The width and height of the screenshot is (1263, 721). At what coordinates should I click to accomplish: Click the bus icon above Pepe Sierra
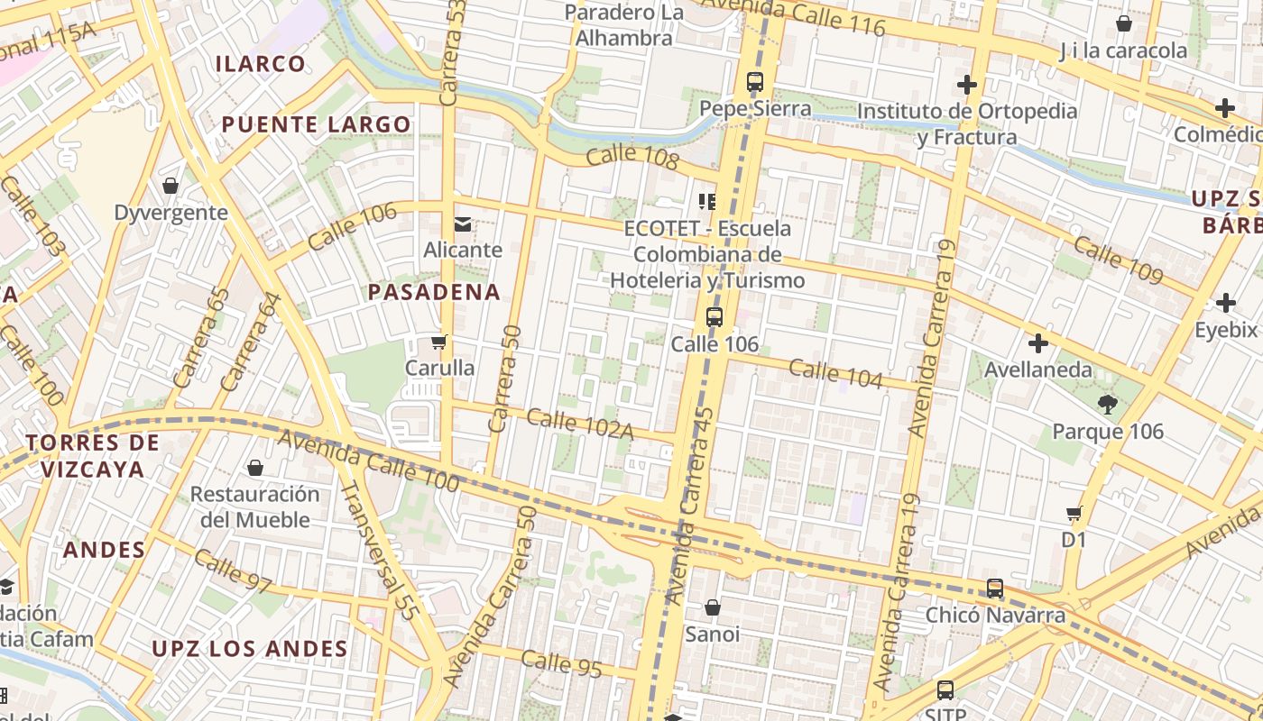click(x=755, y=82)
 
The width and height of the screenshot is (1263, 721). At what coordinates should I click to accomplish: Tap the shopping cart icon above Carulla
click(x=439, y=342)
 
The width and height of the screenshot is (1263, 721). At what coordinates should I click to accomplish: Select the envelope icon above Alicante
click(x=463, y=224)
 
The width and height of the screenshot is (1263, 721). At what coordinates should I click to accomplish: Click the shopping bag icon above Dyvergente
click(x=171, y=186)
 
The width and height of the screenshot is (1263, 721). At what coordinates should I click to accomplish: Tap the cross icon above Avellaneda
click(x=1038, y=343)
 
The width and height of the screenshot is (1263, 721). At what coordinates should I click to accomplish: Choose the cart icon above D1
click(x=1074, y=514)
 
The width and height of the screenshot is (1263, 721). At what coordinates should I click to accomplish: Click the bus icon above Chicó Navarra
click(x=995, y=589)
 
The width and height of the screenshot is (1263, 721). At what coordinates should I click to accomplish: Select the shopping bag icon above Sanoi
click(x=713, y=607)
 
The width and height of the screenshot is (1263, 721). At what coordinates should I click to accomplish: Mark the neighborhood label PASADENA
click(x=434, y=292)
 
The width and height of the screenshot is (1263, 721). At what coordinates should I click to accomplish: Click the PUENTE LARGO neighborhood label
click(x=316, y=124)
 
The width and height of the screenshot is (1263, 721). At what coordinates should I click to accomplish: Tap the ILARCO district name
click(x=261, y=63)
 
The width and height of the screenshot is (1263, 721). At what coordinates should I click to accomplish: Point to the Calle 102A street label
click(x=580, y=424)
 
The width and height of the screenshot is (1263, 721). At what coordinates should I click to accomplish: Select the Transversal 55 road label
click(x=379, y=550)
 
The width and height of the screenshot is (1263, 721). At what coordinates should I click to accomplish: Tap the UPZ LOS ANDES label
click(x=250, y=649)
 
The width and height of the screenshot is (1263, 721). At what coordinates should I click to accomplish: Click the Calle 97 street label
click(x=232, y=571)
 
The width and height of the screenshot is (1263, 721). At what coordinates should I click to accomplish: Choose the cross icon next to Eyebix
click(x=1225, y=303)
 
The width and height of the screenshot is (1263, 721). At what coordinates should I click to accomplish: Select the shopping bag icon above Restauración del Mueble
click(x=255, y=468)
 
